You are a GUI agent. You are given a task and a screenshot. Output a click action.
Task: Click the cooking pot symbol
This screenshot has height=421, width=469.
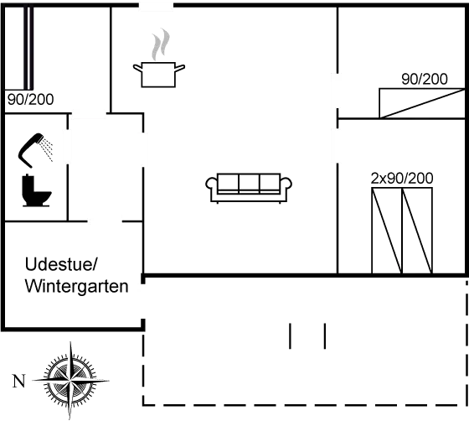point(158,75)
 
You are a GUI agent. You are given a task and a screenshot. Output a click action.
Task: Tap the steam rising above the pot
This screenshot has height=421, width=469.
point(161,44)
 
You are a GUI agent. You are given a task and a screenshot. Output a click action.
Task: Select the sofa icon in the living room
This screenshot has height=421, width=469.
point(249,188)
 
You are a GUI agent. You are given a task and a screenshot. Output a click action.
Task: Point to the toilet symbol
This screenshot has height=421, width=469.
point(36,190)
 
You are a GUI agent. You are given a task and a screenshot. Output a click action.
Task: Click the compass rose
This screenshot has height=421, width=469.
point(70,381)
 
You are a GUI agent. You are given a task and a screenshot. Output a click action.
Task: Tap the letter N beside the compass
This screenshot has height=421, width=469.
point(18,382)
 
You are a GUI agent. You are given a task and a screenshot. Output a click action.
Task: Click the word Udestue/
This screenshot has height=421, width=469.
point(61,265)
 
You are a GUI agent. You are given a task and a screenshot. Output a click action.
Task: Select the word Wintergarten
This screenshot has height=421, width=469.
point(76,286)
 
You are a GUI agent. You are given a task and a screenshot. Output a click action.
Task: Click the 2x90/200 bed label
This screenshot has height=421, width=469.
point(402,179)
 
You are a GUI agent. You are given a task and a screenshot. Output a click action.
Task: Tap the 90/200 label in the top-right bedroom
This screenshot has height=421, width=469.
point(425,79)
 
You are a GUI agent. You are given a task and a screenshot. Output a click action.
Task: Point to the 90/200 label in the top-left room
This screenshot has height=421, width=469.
point(30,100)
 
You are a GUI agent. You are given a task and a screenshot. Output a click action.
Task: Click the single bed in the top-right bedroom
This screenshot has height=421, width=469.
point(422,103)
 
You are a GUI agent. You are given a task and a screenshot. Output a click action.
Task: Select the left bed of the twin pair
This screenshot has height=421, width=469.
point(387,231)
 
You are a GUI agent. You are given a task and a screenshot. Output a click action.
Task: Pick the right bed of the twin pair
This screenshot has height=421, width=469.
point(417,231)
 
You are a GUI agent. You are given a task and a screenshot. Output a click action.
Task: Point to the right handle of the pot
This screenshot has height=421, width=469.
point(180,68)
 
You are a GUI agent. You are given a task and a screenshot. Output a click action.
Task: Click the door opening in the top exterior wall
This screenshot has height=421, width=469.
point(156,5)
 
